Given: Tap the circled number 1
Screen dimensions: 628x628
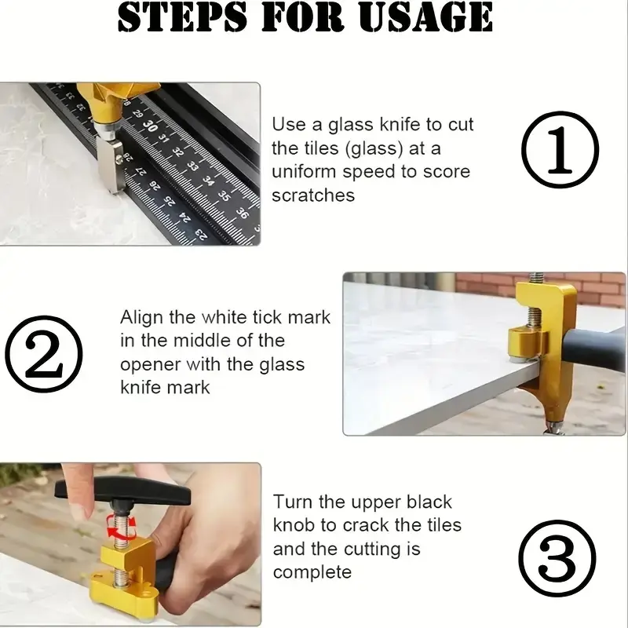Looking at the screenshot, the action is coord(560,149).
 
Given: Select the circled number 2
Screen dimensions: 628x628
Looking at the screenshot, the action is coord(44,354).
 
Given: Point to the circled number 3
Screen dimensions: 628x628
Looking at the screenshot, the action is coord(557,558).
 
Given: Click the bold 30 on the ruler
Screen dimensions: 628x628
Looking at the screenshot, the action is coord(150,126).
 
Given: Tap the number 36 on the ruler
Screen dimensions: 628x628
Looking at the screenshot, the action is coord(242,213).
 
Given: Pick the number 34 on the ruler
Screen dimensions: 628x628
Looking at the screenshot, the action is coord(207,181).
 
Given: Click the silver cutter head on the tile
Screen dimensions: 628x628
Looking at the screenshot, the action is coord(110,163).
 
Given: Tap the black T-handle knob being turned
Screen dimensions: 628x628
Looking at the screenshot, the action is coord(122,491).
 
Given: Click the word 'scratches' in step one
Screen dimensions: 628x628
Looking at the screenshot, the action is coord(313,195).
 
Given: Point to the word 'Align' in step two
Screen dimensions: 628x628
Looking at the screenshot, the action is coord(141,318).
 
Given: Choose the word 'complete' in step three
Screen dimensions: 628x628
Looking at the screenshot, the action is coord(312,572).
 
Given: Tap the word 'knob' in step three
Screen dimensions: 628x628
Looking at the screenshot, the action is coord(294,525).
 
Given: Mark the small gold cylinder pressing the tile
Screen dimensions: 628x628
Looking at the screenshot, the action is coord(524,343).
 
